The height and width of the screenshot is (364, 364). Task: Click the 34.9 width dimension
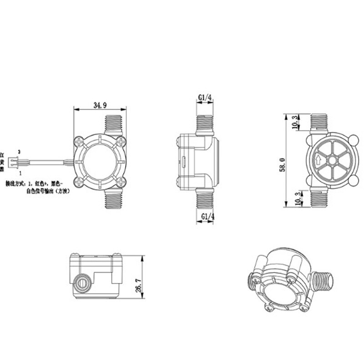coord(100,106)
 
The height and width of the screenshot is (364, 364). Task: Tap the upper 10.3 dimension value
coord(296,122)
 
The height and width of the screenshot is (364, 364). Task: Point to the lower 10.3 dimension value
coord(296,198)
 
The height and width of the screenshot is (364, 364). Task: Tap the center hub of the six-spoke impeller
coord(333,160)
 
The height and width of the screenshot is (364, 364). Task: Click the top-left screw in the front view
coord(80,142)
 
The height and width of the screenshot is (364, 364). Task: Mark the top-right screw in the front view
coord(121,142)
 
